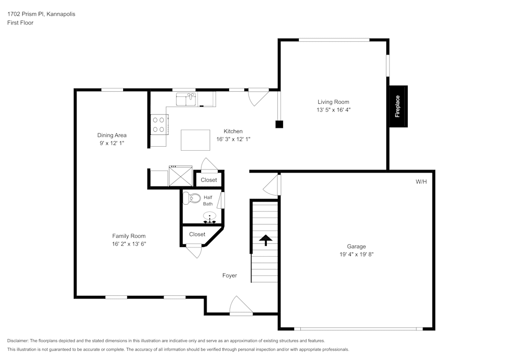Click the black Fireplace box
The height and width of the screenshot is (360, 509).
click(398, 106)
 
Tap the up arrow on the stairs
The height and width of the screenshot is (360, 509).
click(266, 239)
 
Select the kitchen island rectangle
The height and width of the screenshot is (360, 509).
click(196, 140)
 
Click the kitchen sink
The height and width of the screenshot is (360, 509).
click(186, 99)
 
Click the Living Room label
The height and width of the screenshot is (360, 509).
click(333, 102)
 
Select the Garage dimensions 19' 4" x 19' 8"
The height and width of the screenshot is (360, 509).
click(356, 254)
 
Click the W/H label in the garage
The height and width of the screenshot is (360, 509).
click(421, 181)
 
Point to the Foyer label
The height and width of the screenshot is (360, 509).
click(230, 275)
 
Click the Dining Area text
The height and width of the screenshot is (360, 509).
click(111, 135)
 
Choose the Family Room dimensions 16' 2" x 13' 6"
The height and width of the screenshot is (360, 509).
click(129, 244)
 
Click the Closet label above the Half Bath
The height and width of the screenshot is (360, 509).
click(209, 180)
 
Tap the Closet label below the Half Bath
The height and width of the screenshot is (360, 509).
click(197, 234)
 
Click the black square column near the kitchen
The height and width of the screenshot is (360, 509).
click(279, 124)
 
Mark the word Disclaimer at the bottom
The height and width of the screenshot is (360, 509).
click(18, 341)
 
